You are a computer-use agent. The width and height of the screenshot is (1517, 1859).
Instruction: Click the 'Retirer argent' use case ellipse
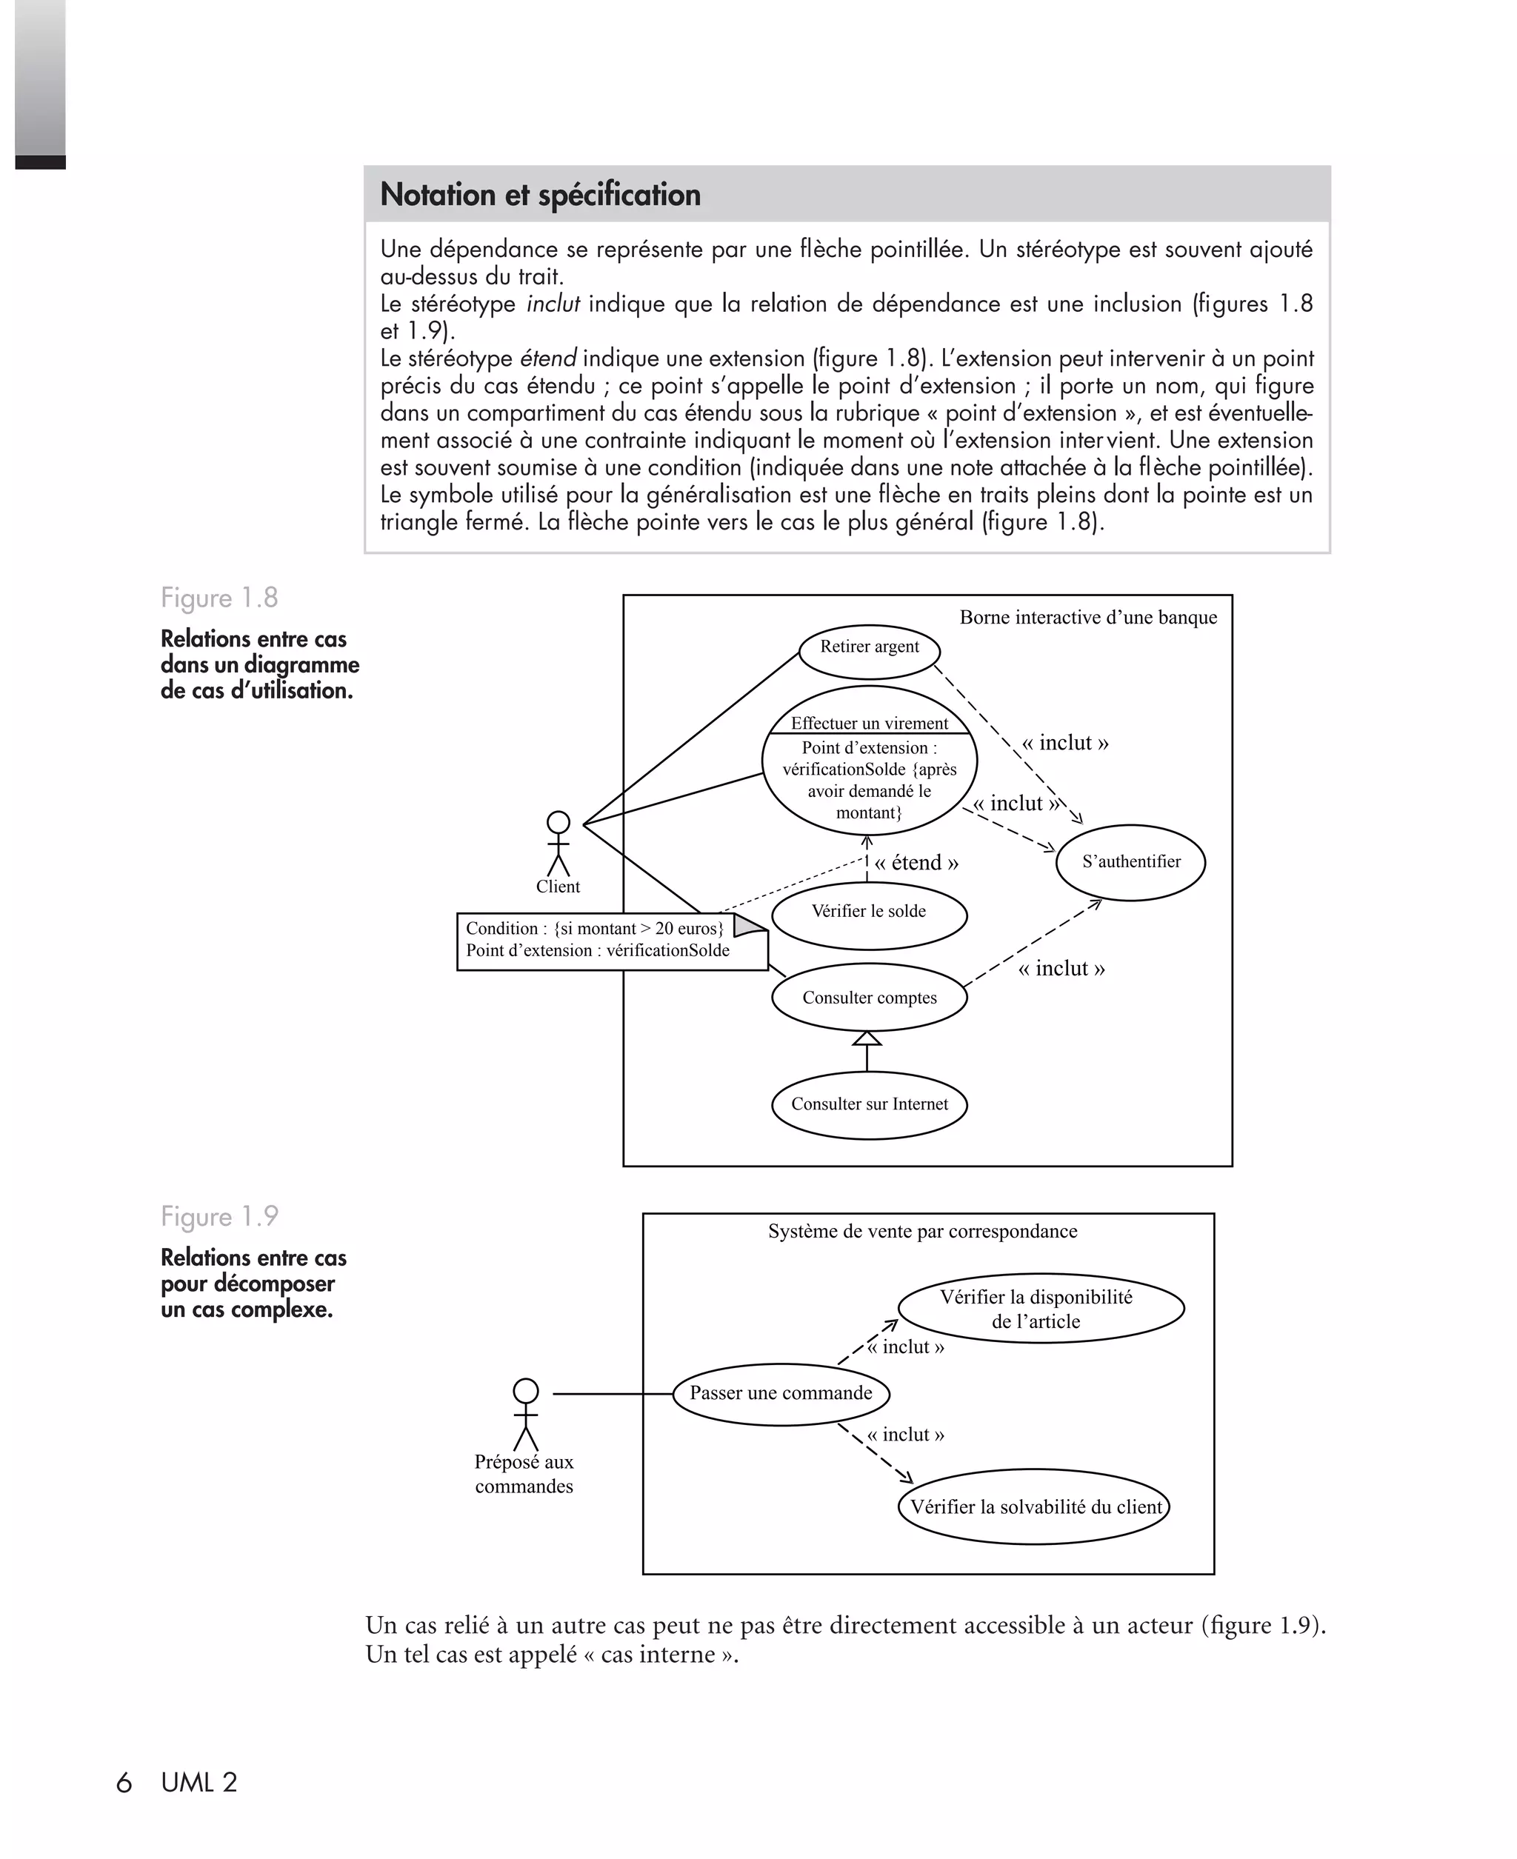(870, 650)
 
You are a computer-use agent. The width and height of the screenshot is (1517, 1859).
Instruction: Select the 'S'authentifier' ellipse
(1131, 862)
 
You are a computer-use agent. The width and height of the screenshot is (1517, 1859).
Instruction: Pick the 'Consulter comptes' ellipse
(870, 998)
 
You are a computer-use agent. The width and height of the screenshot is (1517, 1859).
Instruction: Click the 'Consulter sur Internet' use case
(870, 1105)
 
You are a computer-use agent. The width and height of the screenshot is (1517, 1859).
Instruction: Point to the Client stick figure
(559, 844)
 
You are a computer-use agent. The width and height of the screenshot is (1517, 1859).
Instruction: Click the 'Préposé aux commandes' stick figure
(525, 1415)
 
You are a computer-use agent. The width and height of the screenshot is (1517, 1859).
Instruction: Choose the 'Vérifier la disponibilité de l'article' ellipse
(1040, 1309)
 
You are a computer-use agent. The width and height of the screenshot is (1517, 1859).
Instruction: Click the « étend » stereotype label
(916, 863)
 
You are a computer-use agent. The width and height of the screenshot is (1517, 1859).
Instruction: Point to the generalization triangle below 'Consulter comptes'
(867, 1038)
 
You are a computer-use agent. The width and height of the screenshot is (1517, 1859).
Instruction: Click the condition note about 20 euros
(612, 940)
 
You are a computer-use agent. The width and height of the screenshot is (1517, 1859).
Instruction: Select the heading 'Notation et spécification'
(540, 195)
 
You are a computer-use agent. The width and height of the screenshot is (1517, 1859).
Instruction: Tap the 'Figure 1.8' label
(219, 598)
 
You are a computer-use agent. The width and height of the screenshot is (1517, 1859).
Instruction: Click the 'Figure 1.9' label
(219, 1216)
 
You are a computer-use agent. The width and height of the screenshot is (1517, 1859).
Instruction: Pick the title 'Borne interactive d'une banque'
(1088, 618)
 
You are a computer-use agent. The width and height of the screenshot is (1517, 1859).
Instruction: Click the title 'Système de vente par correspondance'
(923, 1232)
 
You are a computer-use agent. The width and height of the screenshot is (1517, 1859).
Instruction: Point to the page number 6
(124, 1783)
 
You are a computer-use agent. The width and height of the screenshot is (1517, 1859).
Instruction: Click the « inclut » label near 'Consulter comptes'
(1061, 969)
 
